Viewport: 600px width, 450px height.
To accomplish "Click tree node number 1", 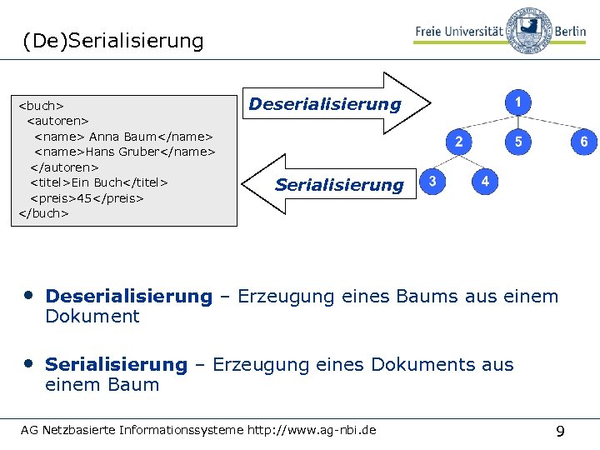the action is [518, 102].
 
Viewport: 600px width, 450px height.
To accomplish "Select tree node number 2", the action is [458, 142].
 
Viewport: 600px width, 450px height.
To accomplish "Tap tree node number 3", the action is [432, 181].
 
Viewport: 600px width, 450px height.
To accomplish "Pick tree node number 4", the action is [485, 181].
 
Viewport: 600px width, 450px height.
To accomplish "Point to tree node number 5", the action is [518, 142].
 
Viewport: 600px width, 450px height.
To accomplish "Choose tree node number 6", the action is [583, 142].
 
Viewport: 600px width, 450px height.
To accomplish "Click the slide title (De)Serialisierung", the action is [113, 40].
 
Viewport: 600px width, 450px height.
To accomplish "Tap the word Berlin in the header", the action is [571, 31].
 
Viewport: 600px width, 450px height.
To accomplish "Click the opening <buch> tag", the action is [42, 106].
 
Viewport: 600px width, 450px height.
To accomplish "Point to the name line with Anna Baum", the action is [123, 136].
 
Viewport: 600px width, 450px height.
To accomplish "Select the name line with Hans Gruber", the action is [124, 152].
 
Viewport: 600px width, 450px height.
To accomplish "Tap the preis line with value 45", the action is [87, 198].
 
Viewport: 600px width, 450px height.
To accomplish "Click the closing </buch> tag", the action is [43, 213].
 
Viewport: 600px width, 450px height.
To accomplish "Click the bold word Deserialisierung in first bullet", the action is [129, 296].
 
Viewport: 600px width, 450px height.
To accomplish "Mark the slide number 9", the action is [560, 431].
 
